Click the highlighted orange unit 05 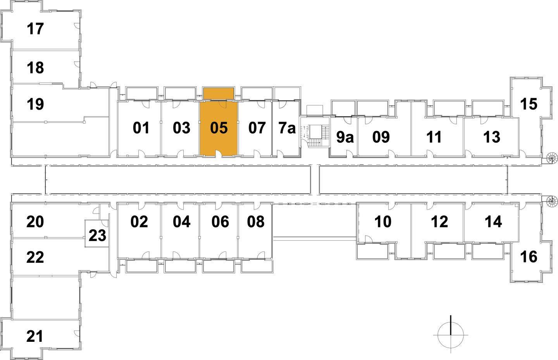coord(219,128)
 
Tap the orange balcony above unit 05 coord(219,93)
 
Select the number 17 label coord(35,29)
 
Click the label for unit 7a coord(287,128)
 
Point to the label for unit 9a coord(345,137)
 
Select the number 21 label coord(35,336)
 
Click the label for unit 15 coord(529,104)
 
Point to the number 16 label coord(529,257)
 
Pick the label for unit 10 coord(383,222)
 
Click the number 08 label coord(256,222)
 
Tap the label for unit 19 coord(35,104)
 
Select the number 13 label coord(492,137)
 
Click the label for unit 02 coord(139,222)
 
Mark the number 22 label coord(35,257)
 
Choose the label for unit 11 coord(434,137)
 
